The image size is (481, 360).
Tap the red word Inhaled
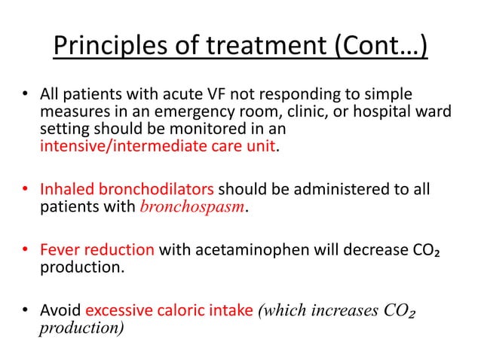(65, 190)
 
